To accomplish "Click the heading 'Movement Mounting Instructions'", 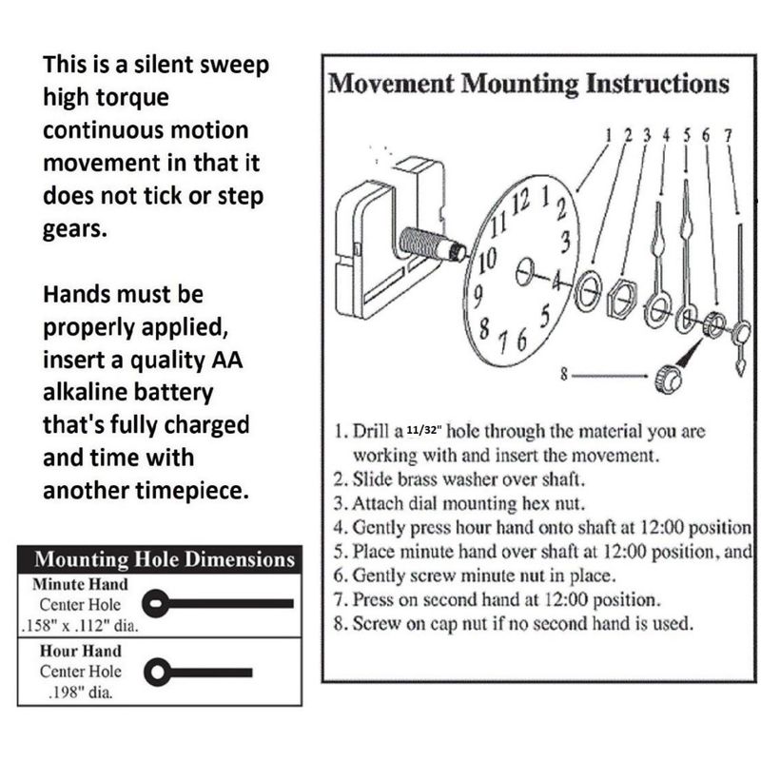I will (x=529, y=84).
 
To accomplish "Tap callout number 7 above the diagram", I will (x=727, y=135).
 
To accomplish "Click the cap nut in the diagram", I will (x=667, y=378).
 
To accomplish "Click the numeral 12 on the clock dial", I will (x=519, y=202).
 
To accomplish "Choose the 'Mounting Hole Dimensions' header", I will (x=165, y=559).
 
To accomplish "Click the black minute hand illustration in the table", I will (x=218, y=602).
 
